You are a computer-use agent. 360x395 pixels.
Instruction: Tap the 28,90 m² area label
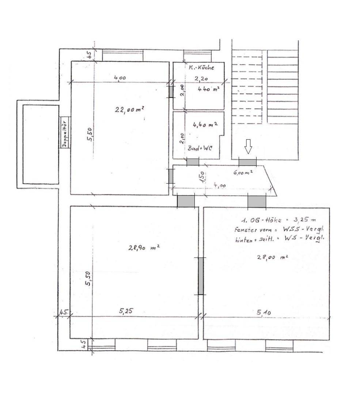143,248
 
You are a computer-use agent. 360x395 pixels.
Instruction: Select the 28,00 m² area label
273,257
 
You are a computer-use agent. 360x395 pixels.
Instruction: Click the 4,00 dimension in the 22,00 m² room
120,78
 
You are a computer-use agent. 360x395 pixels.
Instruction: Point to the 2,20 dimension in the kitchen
200,78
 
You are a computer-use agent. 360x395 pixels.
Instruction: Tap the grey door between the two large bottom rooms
201,276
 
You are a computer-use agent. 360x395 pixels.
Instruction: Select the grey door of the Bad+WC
193,162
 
